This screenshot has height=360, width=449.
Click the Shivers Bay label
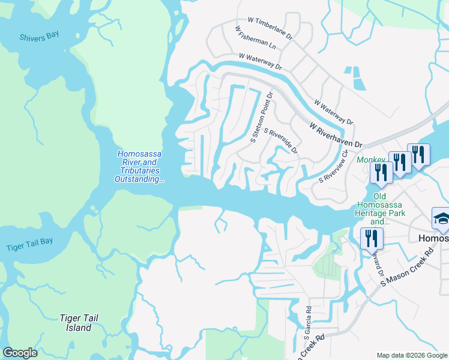tap(39, 35)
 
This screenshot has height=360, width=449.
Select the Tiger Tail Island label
tap(79, 323)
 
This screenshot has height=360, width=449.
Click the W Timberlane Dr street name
tap(265, 28)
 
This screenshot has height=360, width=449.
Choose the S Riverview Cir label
tap(333, 166)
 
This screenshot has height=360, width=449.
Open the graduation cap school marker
tap(441, 219)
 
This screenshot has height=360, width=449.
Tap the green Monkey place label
tap(370, 160)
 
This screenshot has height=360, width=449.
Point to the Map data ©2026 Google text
tap(411, 355)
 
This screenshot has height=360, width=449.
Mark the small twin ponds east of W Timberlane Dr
tap(355, 76)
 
